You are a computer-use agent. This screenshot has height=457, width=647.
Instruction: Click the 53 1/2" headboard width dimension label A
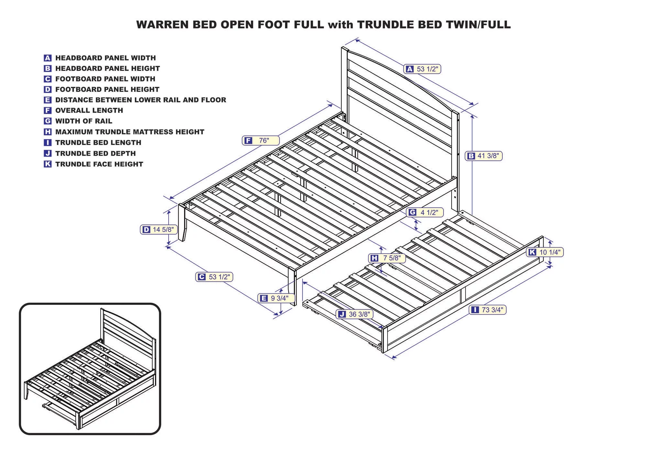[422, 69]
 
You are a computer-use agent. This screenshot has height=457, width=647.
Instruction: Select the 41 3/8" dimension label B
[484, 156]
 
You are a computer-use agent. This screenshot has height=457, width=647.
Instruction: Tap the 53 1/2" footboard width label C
[214, 277]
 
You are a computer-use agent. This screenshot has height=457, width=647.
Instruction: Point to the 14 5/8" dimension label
[159, 230]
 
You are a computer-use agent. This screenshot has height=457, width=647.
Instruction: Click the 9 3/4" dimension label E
[276, 298]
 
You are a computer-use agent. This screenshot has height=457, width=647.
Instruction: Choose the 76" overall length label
[260, 140]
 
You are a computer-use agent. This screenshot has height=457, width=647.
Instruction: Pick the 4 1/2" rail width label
[425, 212]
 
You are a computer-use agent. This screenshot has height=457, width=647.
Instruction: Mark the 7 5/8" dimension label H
[387, 258]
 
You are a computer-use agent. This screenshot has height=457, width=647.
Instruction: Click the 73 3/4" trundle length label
[488, 310]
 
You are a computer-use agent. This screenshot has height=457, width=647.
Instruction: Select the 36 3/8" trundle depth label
[355, 314]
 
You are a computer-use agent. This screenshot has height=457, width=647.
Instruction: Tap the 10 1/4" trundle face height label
[545, 252]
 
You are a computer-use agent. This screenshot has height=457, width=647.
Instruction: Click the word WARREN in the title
[163, 25]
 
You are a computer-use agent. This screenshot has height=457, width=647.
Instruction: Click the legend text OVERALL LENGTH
[89, 110]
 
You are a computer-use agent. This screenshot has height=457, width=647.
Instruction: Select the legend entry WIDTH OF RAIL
[83, 121]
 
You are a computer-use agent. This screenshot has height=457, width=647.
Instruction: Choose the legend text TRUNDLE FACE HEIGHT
[99, 164]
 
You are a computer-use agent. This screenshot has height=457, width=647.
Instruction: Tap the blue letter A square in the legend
[48, 58]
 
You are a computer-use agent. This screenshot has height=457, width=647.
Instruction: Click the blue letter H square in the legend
[48, 132]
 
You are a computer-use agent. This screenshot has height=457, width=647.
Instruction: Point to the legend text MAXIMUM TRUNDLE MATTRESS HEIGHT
[129, 132]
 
